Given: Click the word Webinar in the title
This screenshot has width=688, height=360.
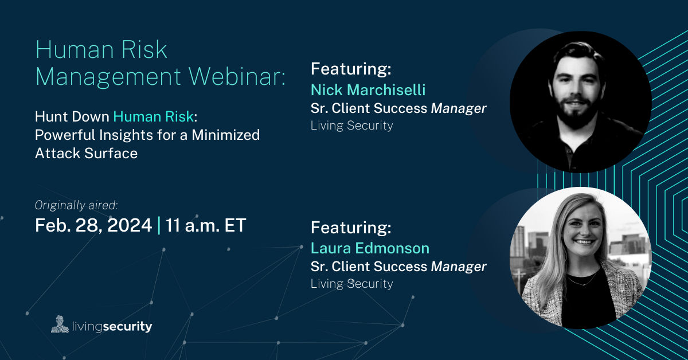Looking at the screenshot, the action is pyautogui.click(x=237, y=76).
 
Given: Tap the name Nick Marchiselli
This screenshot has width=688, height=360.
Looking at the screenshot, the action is pyautogui.click(x=368, y=90).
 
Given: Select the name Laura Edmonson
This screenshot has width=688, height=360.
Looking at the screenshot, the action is pyautogui.click(x=370, y=248).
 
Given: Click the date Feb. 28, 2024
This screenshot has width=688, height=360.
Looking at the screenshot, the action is pyautogui.click(x=93, y=225).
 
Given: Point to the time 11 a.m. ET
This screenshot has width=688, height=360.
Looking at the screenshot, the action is pyautogui.click(x=206, y=225).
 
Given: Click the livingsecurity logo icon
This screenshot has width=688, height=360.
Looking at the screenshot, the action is pyautogui.click(x=60, y=324).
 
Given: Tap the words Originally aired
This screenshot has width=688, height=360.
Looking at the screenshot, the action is pyautogui.click(x=76, y=205).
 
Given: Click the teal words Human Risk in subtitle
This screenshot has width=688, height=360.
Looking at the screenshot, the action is pyautogui.click(x=154, y=117).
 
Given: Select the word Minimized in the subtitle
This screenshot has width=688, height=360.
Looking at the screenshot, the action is pyautogui.click(x=226, y=135).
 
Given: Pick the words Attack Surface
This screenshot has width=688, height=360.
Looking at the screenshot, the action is pyautogui.click(x=87, y=153).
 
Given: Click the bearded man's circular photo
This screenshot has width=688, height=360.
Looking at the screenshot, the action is pyautogui.click(x=580, y=101).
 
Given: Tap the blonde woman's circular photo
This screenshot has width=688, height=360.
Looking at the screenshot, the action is pyautogui.click(x=580, y=258).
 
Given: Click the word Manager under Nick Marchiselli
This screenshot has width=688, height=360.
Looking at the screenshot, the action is pyautogui.click(x=459, y=108).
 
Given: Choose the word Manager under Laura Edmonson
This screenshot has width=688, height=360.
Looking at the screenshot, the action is pyautogui.click(x=459, y=267).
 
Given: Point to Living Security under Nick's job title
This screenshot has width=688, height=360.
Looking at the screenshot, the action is pyautogui.click(x=351, y=126).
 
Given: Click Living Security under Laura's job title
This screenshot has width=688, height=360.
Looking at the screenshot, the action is pyautogui.click(x=351, y=284).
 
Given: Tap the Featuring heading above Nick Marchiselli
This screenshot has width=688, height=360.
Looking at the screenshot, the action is pyautogui.click(x=351, y=69).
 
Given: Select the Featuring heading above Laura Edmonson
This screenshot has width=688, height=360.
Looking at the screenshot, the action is pyautogui.click(x=351, y=228).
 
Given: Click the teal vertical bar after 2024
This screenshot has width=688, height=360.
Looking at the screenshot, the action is pyautogui.click(x=159, y=225).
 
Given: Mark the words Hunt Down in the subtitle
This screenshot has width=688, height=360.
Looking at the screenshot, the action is pyautogui.click(x=72, y=117).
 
